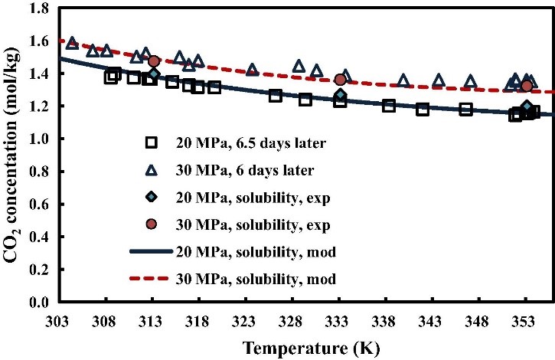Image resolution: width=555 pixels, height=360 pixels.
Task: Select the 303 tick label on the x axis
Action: point(58,319)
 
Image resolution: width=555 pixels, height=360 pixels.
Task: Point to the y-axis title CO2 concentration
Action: point(14,155)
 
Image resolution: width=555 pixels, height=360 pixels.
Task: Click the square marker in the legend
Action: point(152,142)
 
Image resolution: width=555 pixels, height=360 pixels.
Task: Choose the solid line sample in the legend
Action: point(152,250)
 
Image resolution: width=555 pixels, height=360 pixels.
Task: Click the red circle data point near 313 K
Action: point(153,61)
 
